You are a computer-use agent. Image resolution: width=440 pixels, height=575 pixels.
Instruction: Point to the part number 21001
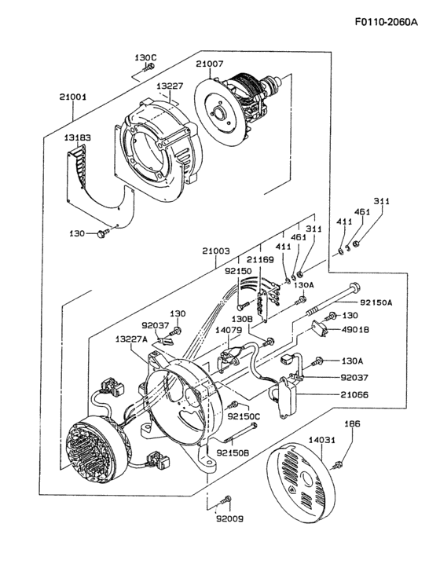[x=73, y=97]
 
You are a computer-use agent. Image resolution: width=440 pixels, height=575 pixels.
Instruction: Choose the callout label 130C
[x=145, y=57]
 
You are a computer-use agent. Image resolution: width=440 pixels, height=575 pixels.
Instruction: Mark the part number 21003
[x=216, y=251]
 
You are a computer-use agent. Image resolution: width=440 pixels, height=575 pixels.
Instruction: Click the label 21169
[x=260, y=258]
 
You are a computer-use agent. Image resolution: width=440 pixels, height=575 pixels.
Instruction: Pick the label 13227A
[x=132, y=339]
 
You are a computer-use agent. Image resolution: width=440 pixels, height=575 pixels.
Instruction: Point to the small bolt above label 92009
[x=226, y=498]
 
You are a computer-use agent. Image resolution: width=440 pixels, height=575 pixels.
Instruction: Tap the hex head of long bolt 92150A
[x=354, y=286]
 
